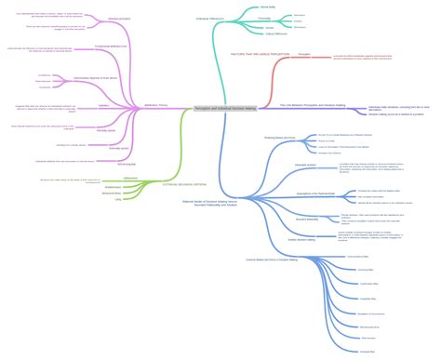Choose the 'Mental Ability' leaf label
pyautogui.click(x=266, y=7)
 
